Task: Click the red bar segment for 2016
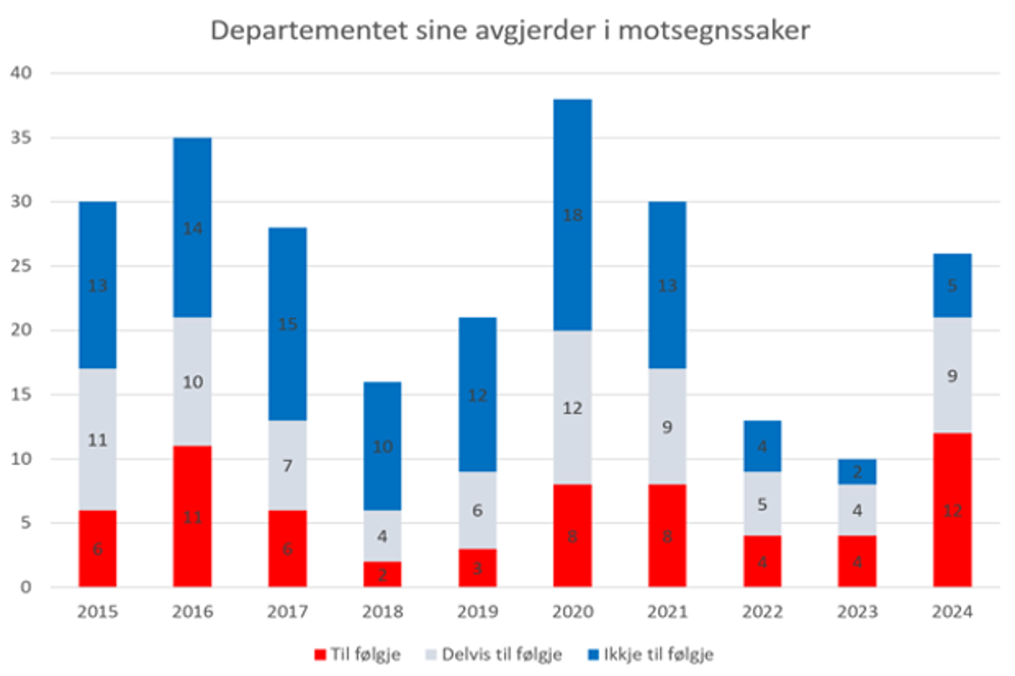(x=192, y=516)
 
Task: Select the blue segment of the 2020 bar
(x=572, y=215)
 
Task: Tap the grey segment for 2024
(x=952, y=375)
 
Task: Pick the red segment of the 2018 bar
(x=382, y=574)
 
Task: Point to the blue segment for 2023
(x=857, y=471)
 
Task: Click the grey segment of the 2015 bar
(x=97, y=439)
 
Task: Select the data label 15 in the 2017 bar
(x=287, y=324)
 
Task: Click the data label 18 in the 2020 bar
(x=572, y=215)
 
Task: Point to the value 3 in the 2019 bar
(x=477, y=567)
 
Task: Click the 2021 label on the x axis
(x=667, y=613)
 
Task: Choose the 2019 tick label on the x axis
(x=477, y=613)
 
